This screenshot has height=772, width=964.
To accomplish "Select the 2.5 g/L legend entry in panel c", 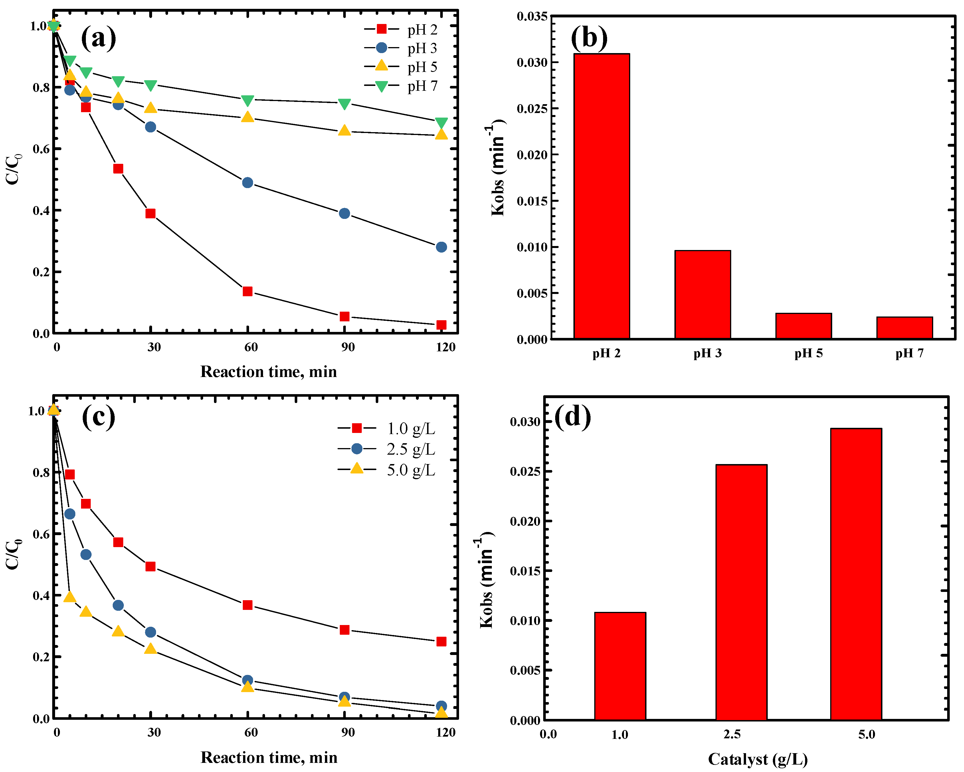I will point(387,449).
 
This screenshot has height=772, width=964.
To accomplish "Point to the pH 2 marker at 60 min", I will point(247,291).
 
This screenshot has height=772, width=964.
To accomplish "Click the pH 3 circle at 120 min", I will point(441,247).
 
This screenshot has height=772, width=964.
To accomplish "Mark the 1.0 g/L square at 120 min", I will point(441,641).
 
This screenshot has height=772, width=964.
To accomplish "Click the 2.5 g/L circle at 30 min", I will point(150,632).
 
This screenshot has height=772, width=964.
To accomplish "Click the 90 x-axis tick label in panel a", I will point(348,347).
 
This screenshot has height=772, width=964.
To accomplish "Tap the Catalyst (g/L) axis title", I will point(757,759).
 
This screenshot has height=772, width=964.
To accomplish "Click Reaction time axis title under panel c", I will point(269,757).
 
